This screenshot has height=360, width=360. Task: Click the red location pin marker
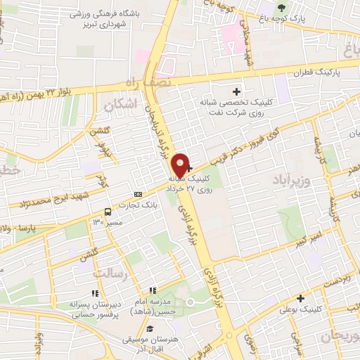pos(181,165)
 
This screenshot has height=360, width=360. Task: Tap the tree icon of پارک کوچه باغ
pos(282,8)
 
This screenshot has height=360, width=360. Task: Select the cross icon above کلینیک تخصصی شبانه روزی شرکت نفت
pos(236,91)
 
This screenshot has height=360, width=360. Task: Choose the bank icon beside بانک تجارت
pos(138,195)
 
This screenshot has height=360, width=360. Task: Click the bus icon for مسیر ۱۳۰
pos(108,211)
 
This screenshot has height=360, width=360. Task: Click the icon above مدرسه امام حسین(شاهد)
pos(151,290)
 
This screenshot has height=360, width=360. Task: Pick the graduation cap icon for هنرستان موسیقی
pos(149,328)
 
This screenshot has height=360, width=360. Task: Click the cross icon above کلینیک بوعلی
pos(300,298)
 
